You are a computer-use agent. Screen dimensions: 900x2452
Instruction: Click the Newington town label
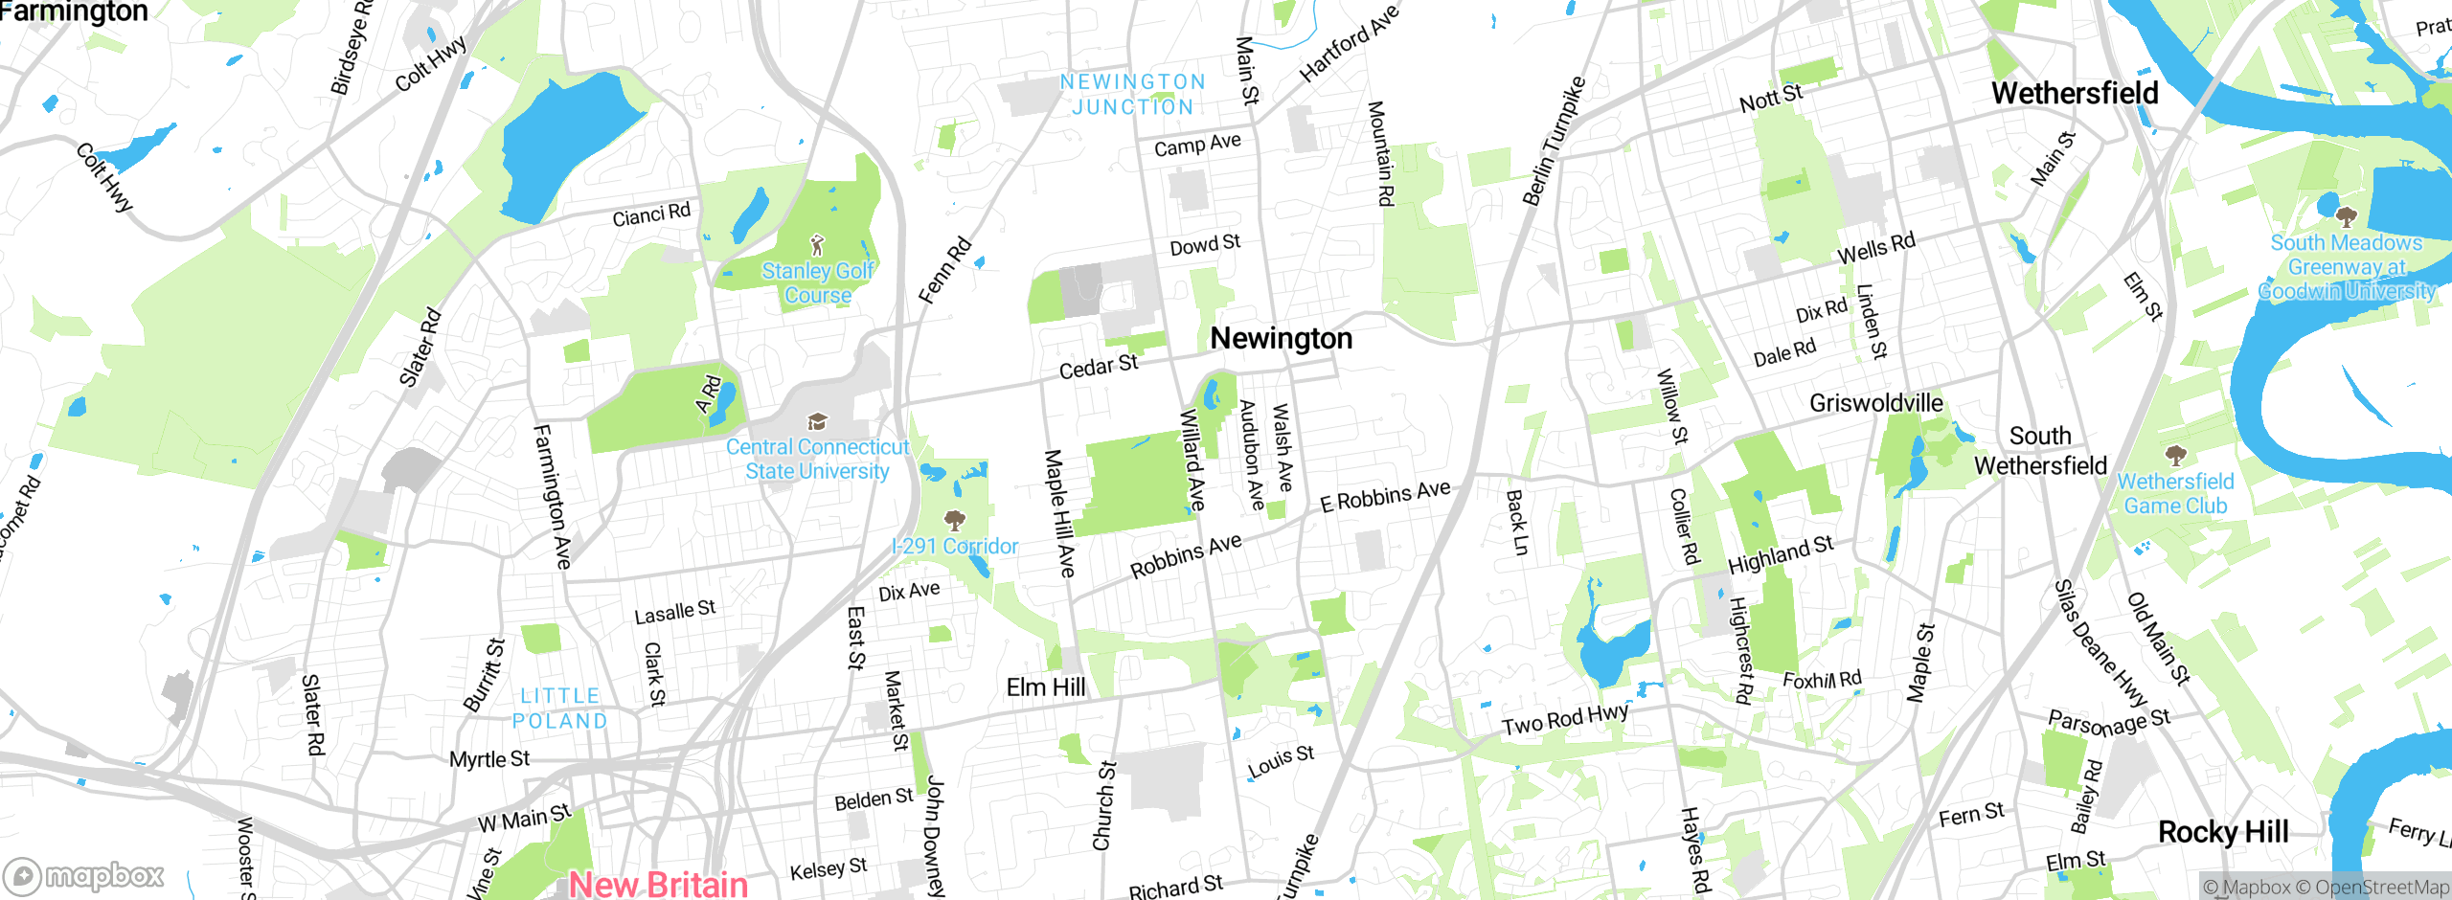[1281, 338]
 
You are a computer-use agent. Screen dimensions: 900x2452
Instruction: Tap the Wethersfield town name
[2075, 94]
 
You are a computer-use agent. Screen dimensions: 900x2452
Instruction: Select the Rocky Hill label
[2223, 832]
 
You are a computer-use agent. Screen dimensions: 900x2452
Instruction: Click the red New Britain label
[658, 884]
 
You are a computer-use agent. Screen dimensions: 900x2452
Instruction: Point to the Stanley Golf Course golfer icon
[817, 245]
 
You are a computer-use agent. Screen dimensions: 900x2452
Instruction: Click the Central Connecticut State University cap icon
[817, 422]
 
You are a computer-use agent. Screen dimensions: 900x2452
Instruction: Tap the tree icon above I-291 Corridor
[954, 520]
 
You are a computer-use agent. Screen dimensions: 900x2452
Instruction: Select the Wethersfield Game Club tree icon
[2175, 455]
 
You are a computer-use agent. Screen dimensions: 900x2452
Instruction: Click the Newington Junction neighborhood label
[1132, 95]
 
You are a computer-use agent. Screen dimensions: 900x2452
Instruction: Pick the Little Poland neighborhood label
[560, 709]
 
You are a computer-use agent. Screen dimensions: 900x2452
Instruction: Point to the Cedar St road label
[1099, 366]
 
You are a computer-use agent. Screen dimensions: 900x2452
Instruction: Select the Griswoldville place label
[1875, 403]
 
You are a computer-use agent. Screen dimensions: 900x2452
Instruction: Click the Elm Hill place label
[1046, 687]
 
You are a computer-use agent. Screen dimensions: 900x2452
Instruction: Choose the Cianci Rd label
[651, 214]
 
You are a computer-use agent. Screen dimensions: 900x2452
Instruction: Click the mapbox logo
[84, 875]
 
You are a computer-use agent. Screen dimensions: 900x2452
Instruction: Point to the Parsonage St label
[2108, 723]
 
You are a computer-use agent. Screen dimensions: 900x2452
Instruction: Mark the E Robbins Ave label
[1385, 496]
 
